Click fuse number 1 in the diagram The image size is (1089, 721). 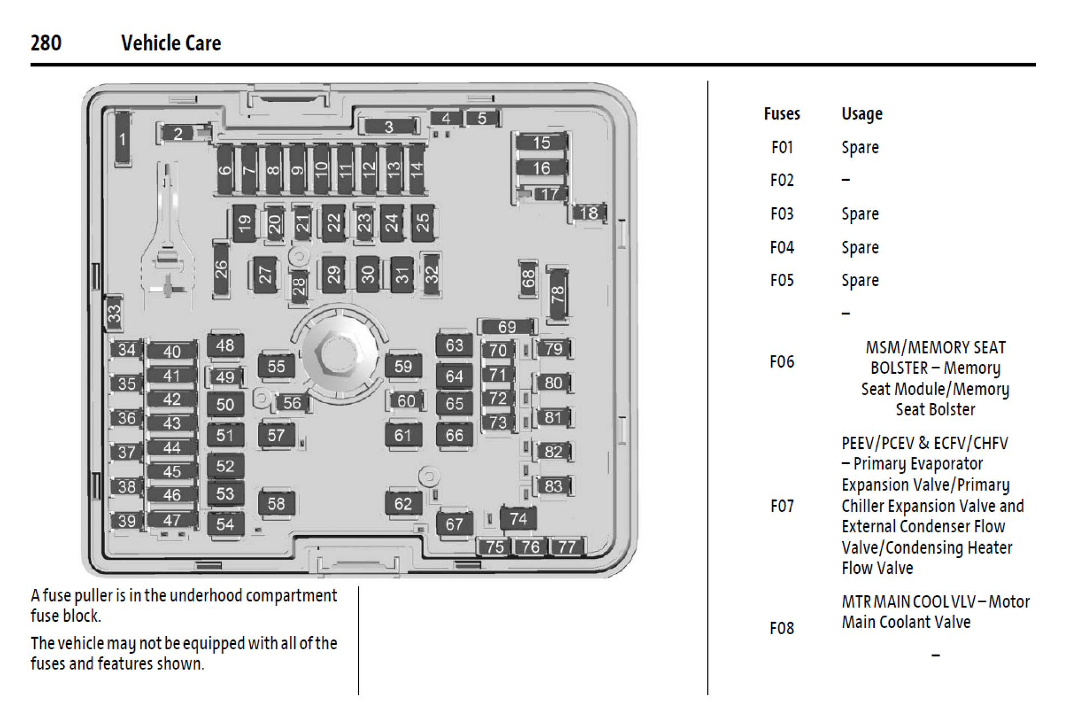click(123, 139)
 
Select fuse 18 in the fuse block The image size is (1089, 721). click(589, 213)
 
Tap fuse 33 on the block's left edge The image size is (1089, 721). click(114, 313)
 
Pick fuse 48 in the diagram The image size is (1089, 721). click(225, 345)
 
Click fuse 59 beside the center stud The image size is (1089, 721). click(403, 367)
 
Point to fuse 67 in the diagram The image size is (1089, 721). click(454, 525)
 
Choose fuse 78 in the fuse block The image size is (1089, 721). click(557, 294)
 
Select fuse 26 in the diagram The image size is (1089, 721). click(221, 269)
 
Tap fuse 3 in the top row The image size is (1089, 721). click(389, 127)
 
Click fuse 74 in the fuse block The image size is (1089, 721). click(518, 519)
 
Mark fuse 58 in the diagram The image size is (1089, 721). click(276, 504)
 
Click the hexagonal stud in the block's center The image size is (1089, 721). click(337, 354)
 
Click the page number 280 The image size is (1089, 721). click(46, 43)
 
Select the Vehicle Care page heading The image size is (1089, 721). click(171, 43)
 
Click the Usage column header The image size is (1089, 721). click(862, 114)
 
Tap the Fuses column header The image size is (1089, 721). click(782, 114)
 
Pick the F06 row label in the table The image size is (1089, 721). click(782, 362)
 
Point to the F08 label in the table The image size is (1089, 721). click(782, 628)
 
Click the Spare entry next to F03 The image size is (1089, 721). click(860, 214)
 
